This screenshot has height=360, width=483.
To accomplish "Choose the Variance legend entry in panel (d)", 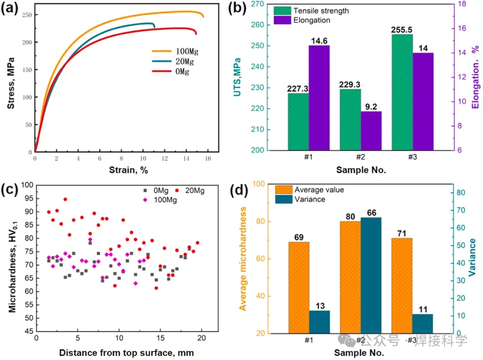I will click(x=309, y=199).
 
